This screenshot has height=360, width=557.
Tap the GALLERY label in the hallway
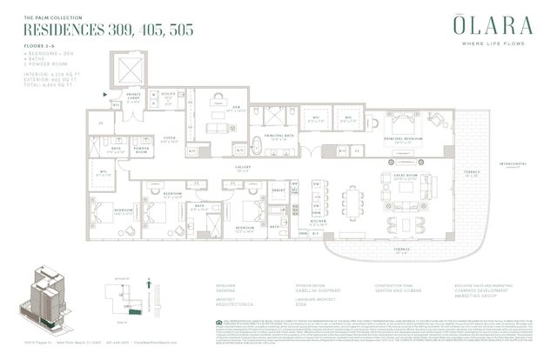(x=242, y=170)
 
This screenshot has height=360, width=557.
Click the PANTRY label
(x=278, y=189)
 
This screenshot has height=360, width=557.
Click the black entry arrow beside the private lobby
(x=106, y=91)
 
